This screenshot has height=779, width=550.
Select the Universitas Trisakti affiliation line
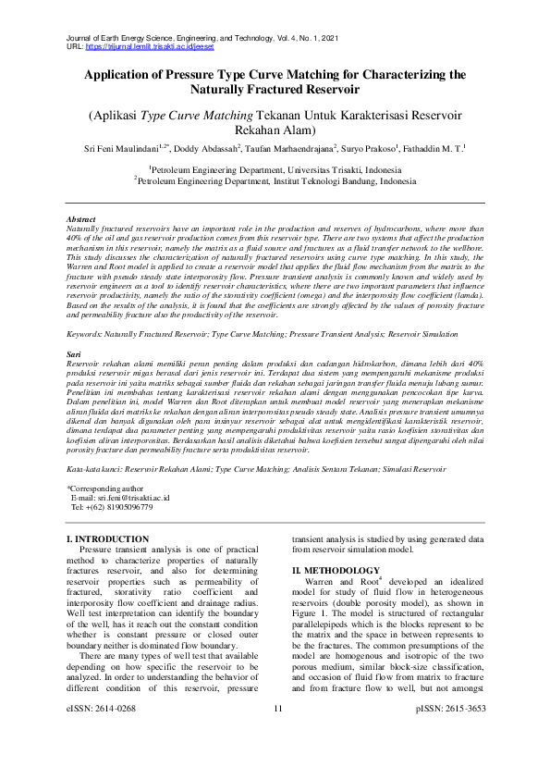(275, 170)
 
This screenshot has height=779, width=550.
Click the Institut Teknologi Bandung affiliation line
(275, 182)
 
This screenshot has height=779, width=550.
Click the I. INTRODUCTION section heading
(109, 538)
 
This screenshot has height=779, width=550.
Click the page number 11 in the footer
(276, 760)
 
